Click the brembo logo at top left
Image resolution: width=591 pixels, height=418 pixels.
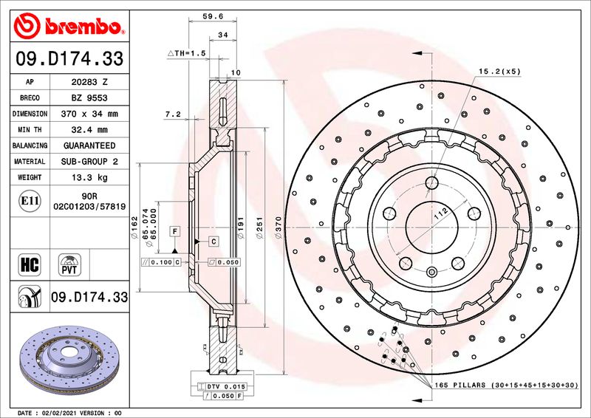coord(67,27)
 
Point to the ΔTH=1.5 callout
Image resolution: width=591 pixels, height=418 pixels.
coord(185,54)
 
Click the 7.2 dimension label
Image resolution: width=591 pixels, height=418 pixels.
coord(171,114)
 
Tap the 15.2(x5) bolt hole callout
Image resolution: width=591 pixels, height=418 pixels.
coord(500,72)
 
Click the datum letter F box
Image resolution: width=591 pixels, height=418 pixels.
coord(175,231)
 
